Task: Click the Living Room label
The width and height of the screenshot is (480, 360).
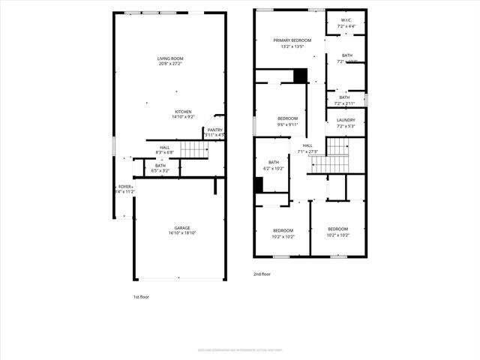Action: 170,58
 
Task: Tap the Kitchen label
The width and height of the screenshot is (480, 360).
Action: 184,112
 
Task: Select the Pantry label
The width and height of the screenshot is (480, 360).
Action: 215,130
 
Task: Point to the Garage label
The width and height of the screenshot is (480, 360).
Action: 182,228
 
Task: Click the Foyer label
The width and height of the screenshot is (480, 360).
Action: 124,187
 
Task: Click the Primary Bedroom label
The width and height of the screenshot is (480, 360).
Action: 292,40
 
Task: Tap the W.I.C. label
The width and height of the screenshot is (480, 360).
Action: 346,20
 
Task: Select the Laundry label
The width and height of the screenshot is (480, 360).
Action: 346,120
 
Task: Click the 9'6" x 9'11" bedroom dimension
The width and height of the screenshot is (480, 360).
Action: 287,125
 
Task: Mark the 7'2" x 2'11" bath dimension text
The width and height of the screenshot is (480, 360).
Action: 344,103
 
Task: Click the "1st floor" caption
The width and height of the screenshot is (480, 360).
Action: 141,297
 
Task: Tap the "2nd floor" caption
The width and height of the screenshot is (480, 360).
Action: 262,274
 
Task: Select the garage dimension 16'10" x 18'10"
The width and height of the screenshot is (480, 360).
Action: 182,233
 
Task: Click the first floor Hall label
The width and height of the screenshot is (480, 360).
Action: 164,148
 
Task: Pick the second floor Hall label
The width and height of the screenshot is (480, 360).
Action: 307,145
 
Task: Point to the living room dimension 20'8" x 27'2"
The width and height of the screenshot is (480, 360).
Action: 170,64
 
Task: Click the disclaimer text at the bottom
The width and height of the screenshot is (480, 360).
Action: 239,349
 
